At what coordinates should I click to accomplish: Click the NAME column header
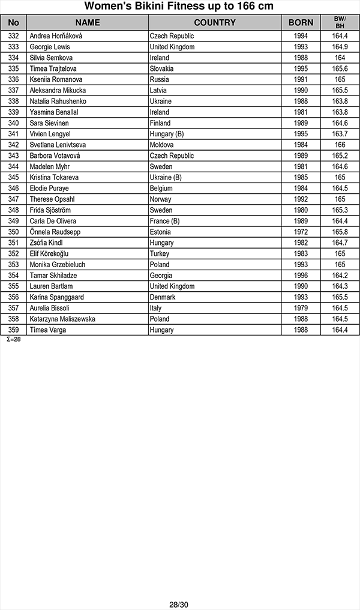[x=88, y=23]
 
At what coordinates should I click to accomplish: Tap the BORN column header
[x=301, y=23]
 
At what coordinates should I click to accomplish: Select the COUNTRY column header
[x=215, y=23]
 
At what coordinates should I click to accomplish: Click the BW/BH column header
[x=340, y=23]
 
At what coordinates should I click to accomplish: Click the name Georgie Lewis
[x=50, y=47]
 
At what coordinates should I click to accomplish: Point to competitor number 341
[x=14, y=134]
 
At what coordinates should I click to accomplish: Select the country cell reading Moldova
[x=162, y=145]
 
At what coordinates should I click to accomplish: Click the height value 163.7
[x=340, y=134]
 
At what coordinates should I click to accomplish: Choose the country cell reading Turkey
[x=160, y=253]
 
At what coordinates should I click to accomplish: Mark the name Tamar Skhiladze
[x=53, y=276]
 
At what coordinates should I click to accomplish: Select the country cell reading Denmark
[x=163, y=297]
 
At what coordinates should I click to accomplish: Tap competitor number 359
[x=14, y=330]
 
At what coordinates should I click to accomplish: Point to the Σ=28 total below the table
[x=13, y=339]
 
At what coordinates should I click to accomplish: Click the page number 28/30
[x=179, y=605]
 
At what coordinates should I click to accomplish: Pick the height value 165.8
[x=340, y=232]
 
